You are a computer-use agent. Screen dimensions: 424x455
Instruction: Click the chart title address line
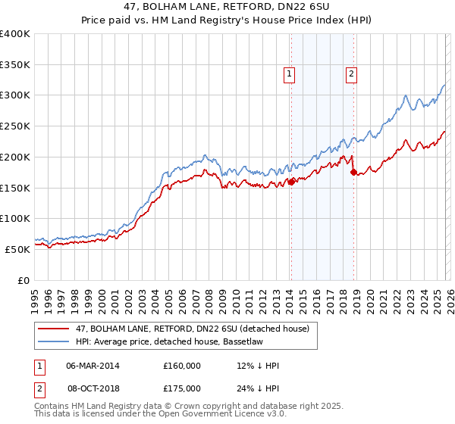click(x=227, y=8)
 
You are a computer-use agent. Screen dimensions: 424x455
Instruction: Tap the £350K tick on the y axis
click(x=15, y=64)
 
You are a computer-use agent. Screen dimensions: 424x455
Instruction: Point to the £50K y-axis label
click(x=17, y=248)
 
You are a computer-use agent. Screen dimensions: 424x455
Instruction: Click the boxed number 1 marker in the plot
click(x=290, y=73)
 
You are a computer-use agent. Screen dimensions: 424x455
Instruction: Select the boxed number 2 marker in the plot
click(x=353, y=73)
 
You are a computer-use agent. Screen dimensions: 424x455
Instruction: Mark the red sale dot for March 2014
click(x=291, y=181)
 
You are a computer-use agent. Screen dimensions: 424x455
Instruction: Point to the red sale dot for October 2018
click(x=353, y=172)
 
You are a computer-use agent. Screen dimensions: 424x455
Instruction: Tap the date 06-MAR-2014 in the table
click(x=93, y=366)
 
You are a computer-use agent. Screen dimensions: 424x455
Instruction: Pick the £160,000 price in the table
click(x=181, y=366)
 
